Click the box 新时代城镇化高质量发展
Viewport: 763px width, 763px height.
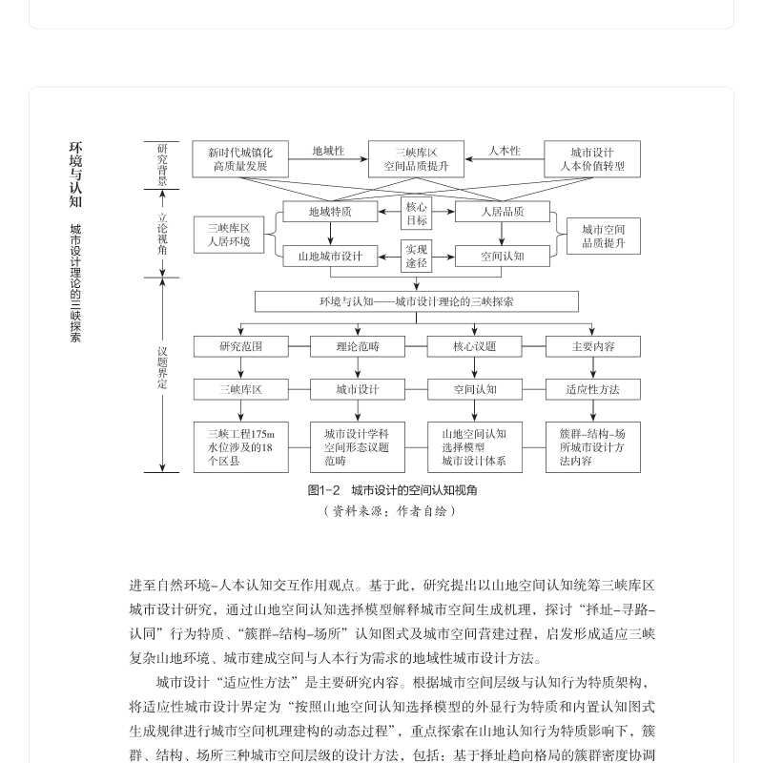240,159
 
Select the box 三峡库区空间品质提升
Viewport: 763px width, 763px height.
416,159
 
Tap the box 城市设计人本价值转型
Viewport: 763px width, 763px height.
592,159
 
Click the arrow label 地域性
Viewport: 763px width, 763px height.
328,151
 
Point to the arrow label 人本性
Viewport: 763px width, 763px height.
505,151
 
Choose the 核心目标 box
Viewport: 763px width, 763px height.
417,214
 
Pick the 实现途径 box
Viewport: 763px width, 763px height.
417,256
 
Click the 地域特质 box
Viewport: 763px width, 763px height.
330,212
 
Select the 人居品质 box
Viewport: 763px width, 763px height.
502,212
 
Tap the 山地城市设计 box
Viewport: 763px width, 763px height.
330,256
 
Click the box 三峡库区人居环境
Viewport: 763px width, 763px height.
229,235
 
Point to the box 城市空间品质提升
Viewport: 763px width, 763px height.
604,236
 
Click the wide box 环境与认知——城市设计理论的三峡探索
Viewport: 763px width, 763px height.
416,301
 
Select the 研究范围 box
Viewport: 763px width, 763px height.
240,346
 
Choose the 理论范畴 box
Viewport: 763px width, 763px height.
358,346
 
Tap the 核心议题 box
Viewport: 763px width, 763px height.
474,346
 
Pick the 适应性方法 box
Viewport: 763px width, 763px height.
592,389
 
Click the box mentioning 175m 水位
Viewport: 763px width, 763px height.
240,446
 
